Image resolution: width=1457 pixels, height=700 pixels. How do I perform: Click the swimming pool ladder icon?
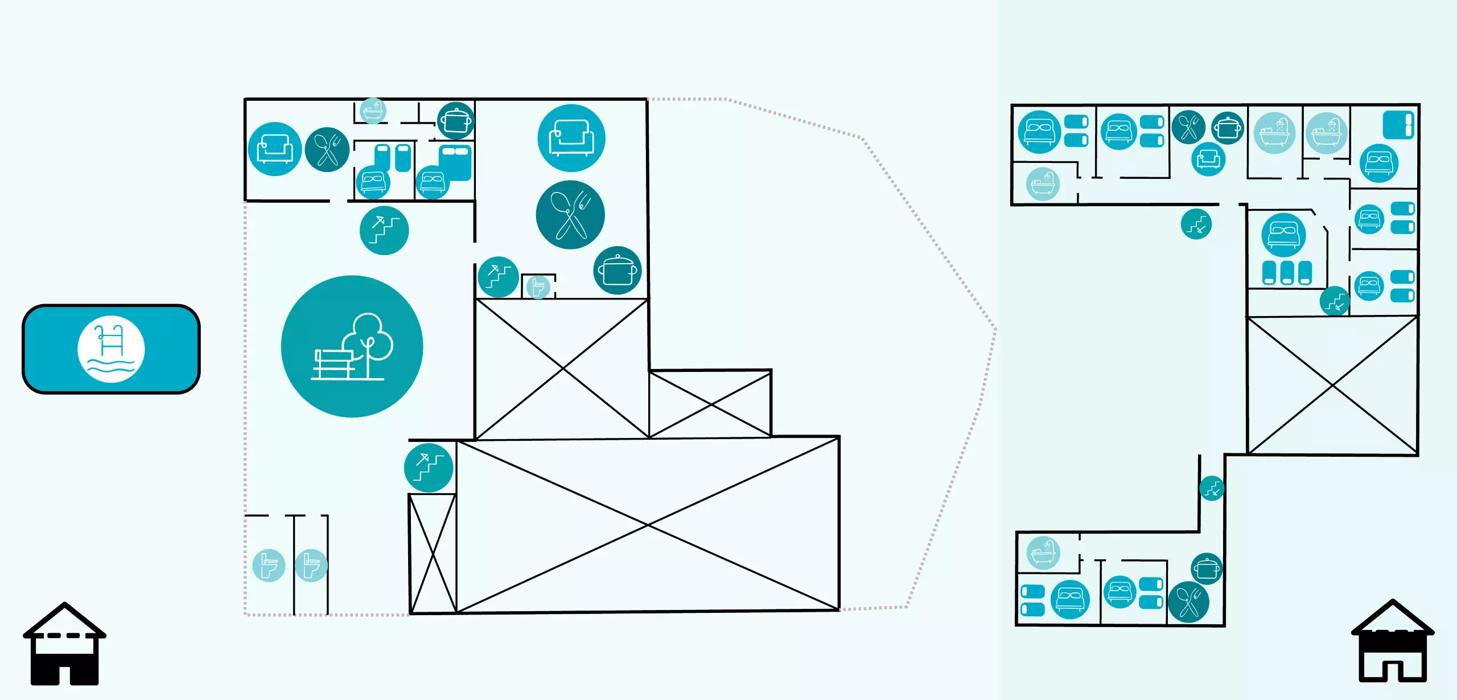coord(111,349)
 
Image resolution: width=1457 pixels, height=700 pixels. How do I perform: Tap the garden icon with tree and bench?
coord(352,346)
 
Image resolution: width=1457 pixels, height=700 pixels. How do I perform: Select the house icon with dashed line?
coord(64,644)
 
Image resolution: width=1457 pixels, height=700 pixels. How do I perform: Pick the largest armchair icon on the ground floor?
coord(571,138)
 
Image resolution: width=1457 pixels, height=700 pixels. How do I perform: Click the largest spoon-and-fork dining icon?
coord(570,215)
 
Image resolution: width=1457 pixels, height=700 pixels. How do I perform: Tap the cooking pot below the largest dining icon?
coord(617,271)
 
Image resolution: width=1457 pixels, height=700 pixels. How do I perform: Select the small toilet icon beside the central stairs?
coord(537,286)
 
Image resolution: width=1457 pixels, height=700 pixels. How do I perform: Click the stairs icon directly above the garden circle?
coord(384,230)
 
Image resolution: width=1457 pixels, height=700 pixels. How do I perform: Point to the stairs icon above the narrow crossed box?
coord(429,468)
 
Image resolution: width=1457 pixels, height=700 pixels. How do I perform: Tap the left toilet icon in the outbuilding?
coord(269,565)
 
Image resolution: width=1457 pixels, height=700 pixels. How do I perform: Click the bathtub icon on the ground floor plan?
coord(373,110)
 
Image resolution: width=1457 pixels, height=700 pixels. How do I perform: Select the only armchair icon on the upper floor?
coord(1208,159)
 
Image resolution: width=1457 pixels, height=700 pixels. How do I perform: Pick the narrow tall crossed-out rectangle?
coord(433,553)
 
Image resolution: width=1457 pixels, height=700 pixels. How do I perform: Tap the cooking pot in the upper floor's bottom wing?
coord(1207,568)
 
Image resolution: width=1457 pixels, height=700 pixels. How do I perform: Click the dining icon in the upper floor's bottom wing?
coord(1188,602)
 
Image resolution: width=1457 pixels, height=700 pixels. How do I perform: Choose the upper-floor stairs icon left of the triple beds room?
coord(1196,224)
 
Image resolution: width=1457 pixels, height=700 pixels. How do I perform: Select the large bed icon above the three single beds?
coord(1283,235)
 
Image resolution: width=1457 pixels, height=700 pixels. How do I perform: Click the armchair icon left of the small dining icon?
coord(274,149)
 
